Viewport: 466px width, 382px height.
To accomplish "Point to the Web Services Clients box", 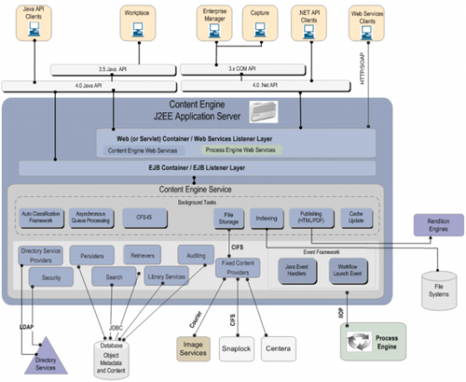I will (368, 23).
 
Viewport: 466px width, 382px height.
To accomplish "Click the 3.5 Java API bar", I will (101, 70).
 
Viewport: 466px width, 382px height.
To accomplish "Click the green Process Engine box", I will (373, 337).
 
